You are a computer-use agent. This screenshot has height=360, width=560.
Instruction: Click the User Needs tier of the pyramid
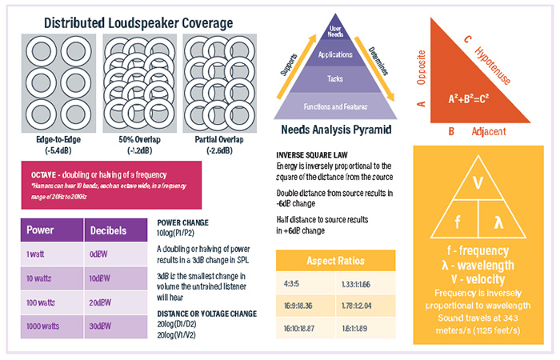click(x=336, y=32)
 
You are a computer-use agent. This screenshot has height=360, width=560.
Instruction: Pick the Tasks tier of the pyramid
click(x=336, y=78)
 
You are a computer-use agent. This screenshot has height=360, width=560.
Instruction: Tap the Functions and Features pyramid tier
click(x=336, y=106)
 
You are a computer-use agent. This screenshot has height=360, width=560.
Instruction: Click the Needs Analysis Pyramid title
click(x=336, y=130)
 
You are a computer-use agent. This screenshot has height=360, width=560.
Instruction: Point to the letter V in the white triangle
click(x=478, y=183)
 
